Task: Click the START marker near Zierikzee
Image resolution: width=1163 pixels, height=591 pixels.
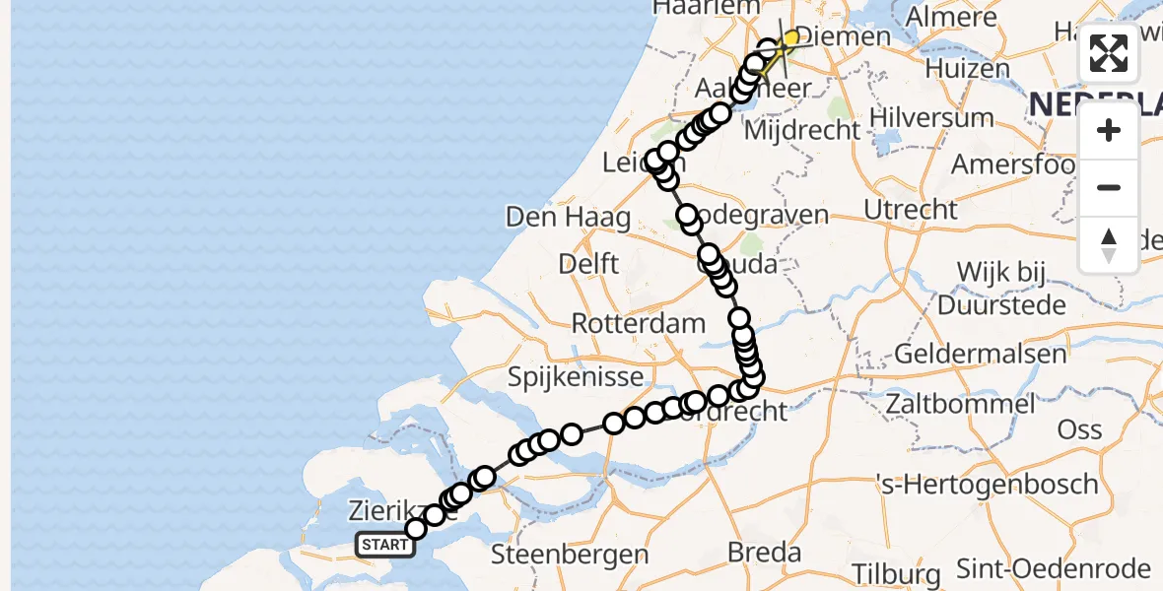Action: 384,545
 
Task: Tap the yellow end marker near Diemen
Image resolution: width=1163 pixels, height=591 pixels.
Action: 790,38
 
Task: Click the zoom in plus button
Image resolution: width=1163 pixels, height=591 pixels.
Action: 1109,131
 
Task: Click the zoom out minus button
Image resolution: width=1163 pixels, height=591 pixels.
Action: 1109,187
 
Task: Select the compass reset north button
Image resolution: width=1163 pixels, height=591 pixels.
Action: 1109,244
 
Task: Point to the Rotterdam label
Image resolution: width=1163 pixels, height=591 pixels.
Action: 639,323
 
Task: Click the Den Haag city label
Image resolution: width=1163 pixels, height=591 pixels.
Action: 568,217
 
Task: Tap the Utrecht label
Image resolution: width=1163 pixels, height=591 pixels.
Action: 910,209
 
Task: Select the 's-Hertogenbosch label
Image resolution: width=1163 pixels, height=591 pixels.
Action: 988,484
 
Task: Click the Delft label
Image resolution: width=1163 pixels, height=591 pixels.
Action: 588,264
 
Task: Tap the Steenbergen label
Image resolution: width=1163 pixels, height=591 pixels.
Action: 569,555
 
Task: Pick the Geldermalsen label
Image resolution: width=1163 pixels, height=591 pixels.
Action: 981,354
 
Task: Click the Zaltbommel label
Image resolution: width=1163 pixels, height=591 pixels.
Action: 960,403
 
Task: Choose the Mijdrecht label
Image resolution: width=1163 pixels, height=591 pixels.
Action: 803,130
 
